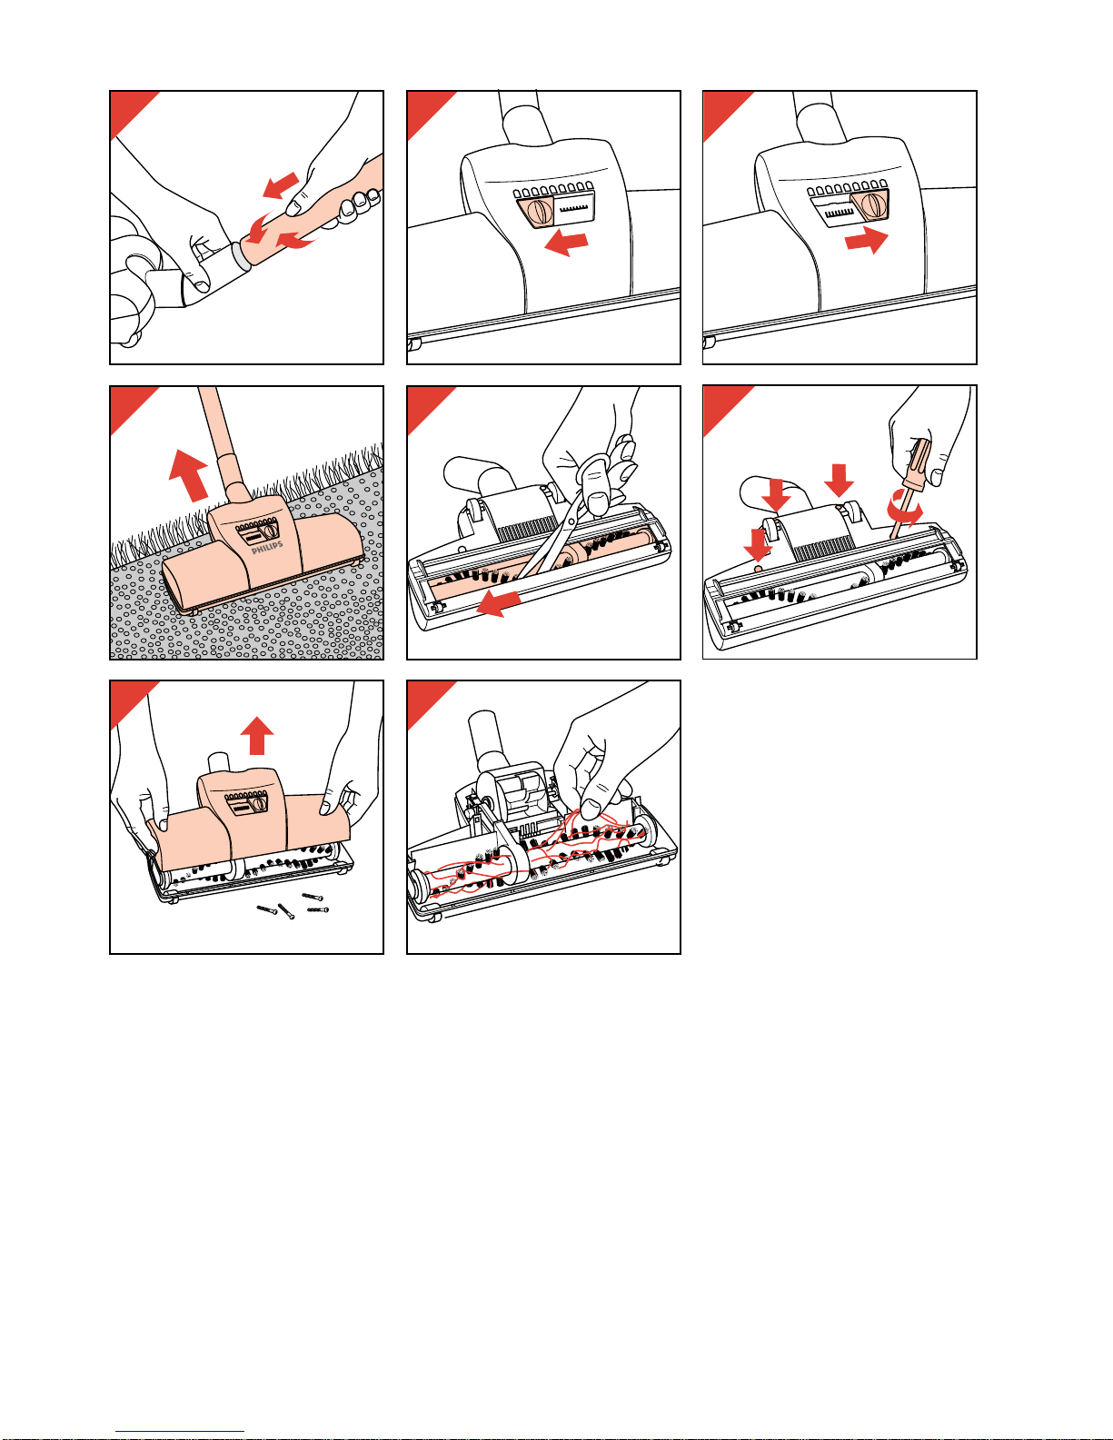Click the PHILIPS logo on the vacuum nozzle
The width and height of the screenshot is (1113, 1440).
click(267, 547)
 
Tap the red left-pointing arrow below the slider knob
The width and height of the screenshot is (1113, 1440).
click(566, 243)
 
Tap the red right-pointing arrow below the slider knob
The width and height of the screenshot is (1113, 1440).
click(867, 241)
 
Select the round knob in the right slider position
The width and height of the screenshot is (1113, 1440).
click(872, 204)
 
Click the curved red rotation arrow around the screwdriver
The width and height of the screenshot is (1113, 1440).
click(905, 510)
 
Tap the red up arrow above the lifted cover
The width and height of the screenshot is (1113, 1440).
click(257, 735)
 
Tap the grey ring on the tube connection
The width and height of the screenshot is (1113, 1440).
click(240, 255)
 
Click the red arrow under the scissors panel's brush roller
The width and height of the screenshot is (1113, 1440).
click(500, 602)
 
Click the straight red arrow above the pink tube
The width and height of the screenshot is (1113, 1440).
click(281, 185)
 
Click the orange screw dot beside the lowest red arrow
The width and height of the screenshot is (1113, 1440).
click(758, 568)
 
